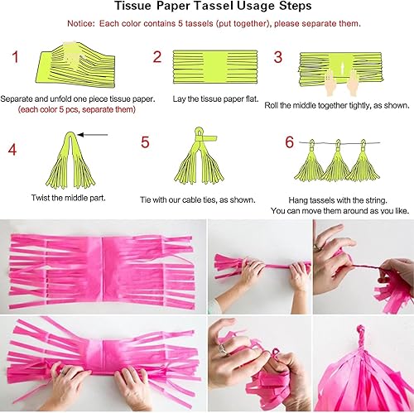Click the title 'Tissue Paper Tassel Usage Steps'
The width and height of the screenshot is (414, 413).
[206, 7]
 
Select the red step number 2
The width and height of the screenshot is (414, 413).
[156, 57]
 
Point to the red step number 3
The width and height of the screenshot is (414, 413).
[278, 57]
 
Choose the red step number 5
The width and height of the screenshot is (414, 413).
[145, 142]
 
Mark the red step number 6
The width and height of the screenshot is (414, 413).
[289, 142]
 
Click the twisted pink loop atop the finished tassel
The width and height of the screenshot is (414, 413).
[363, 332]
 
